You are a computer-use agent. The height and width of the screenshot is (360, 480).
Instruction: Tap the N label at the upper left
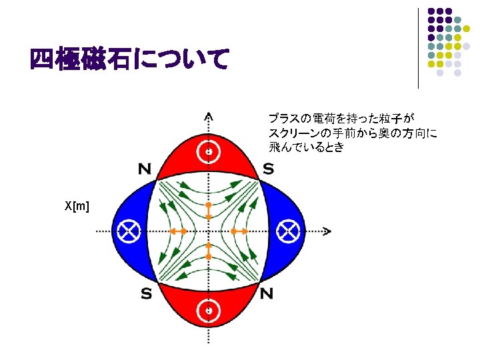[144, 169]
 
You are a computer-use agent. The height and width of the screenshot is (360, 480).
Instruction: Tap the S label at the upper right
[267, 169]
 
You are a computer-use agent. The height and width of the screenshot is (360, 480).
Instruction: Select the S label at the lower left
[145, 293]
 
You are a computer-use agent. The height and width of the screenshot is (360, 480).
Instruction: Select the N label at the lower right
[267, 293]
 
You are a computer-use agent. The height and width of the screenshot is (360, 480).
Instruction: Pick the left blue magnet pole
[133, 231]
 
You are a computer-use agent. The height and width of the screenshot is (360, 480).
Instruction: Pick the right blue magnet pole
[283, 231]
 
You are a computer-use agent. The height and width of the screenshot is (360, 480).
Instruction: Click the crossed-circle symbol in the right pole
[288, 231]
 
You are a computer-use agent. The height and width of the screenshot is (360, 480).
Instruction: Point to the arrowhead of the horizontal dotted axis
[327, 231]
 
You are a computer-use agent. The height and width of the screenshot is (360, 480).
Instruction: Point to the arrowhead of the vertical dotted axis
[209, 115]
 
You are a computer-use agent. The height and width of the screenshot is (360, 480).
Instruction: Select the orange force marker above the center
[209, 210]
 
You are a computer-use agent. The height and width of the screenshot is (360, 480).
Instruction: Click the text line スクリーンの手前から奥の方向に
[353, 133]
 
